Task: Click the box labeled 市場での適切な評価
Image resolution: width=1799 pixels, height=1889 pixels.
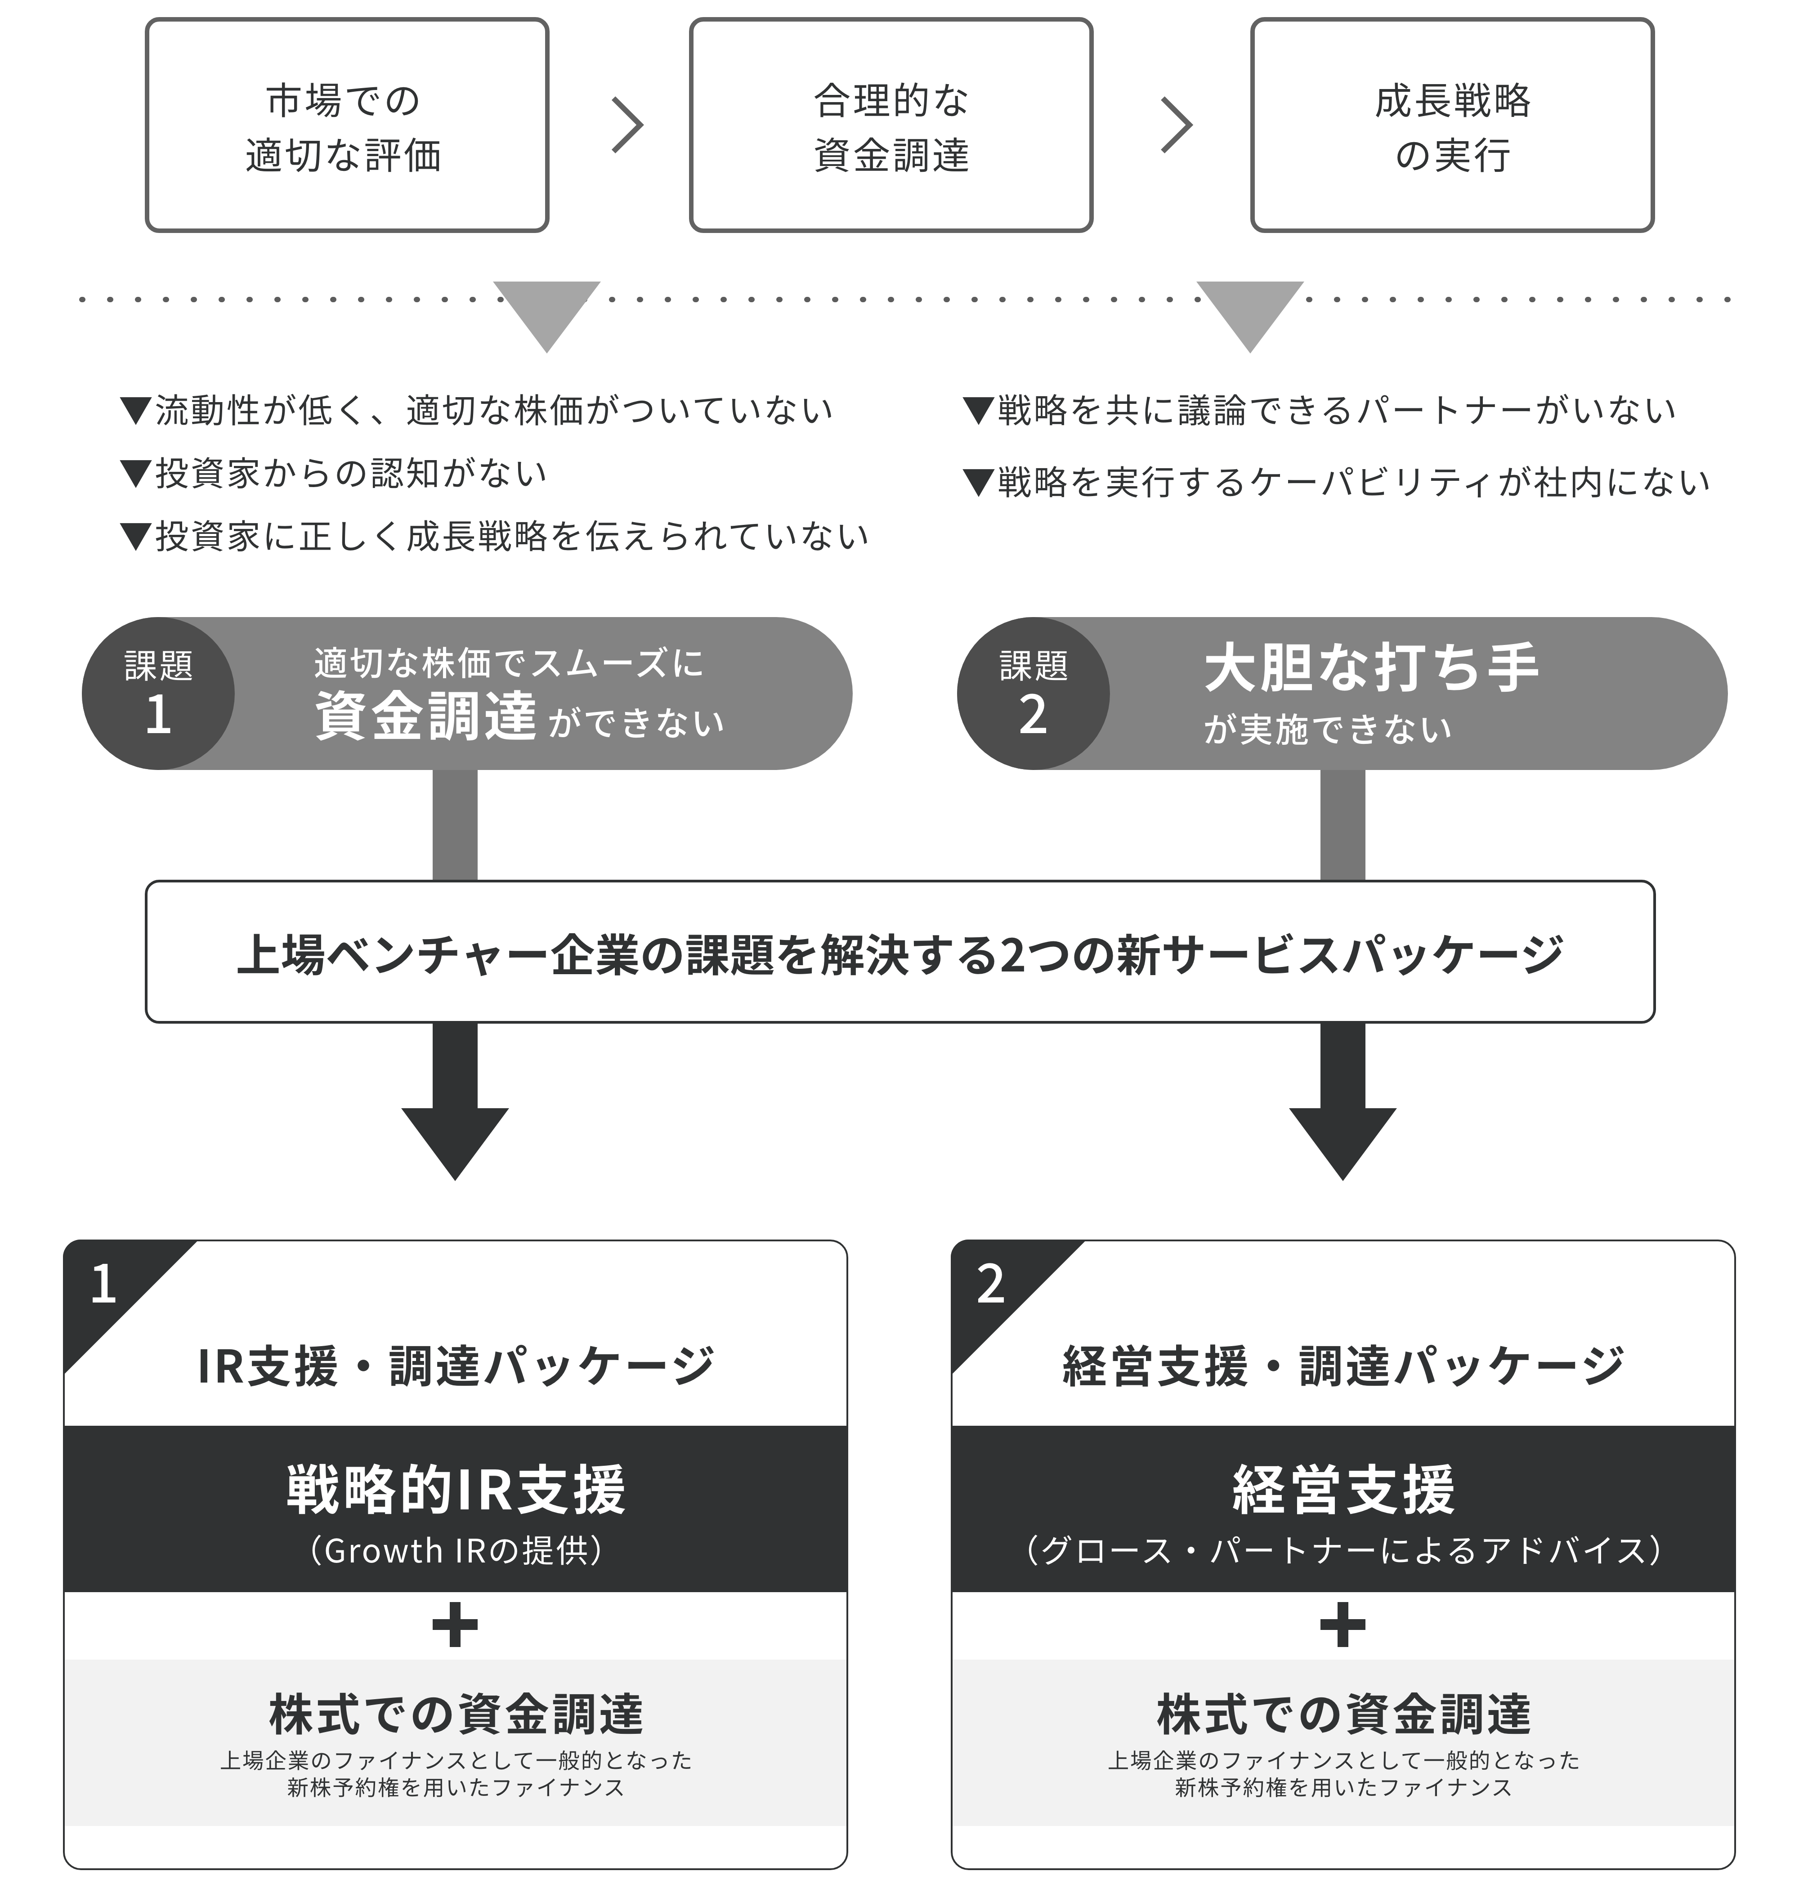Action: click(x=347, y=125)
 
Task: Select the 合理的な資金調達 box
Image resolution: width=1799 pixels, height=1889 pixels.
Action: click(x=891, y=125)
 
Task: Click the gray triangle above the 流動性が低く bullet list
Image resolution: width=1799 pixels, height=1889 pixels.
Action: click(x=546, y=312)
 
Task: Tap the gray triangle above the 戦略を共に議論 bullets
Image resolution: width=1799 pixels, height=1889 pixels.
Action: click(x=1249, y=312)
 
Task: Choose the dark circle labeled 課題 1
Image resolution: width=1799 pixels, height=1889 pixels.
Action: click(x=158, y=693)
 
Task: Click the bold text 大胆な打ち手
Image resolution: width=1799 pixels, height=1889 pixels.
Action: click(x=1371, y=667)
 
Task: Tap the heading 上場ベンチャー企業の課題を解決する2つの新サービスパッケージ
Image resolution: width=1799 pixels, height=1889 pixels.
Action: click(x=900, y=954)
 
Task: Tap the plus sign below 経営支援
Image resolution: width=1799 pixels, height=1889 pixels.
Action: click(x=1343, y=1625)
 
